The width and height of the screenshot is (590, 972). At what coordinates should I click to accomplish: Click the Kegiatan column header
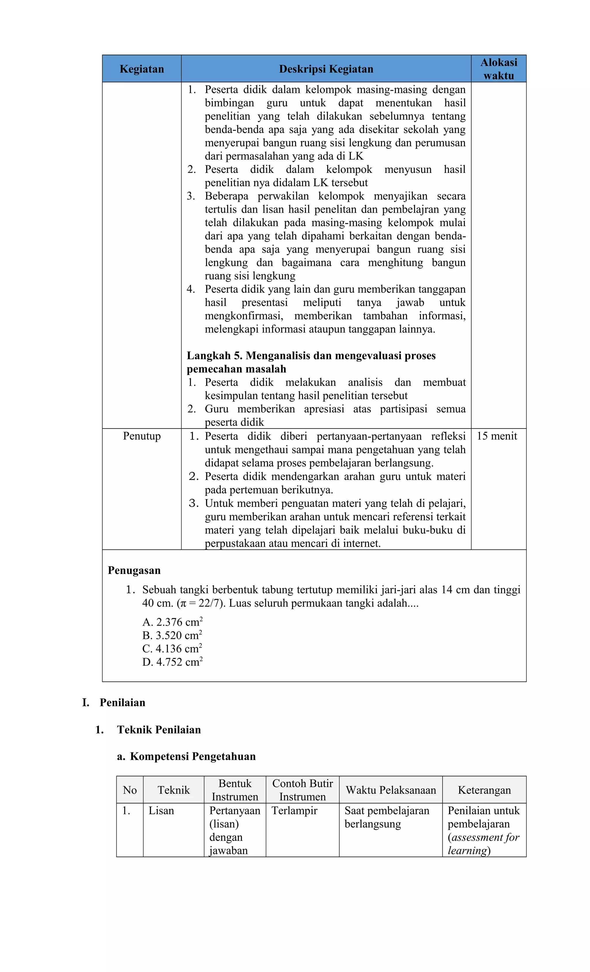click(141, 69)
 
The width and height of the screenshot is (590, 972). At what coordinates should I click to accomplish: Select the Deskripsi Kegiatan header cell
click(326, 69)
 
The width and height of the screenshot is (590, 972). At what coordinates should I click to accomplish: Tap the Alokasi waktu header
click(498, 69)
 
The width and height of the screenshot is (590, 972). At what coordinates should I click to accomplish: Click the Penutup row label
click(141, 436)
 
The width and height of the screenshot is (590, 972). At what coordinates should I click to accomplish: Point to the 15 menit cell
click(497, 436)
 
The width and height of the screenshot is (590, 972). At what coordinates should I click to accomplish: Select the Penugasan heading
click(134, 570)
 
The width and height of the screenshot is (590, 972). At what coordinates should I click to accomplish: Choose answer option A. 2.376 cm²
click(172, 622)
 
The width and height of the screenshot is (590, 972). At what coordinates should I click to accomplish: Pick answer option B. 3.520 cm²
click(172, 635)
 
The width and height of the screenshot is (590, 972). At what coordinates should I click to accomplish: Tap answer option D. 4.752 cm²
click(172, 662)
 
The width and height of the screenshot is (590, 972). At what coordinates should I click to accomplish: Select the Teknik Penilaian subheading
click(158, 730)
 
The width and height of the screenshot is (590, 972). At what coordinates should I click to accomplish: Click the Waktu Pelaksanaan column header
click(390, 790)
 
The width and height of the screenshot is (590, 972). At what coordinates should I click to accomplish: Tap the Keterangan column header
click(484, 790)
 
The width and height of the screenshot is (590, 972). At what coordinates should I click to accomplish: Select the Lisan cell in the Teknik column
click(161, 811)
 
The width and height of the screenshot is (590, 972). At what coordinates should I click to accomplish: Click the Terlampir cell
click(294, 811)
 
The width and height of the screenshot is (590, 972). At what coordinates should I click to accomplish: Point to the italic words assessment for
click(485, 837)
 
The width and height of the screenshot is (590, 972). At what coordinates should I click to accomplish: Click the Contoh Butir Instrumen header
click(302, 790)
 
